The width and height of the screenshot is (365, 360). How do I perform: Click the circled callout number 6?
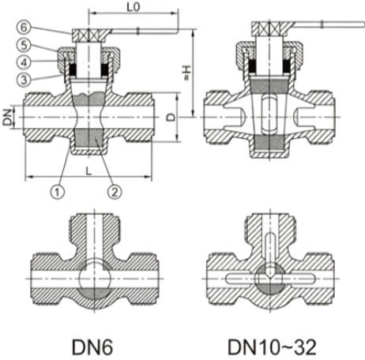24,28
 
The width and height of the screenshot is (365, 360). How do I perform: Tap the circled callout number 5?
24,45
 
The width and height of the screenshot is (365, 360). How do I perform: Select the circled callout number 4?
24,62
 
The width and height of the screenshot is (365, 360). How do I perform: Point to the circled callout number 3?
24,79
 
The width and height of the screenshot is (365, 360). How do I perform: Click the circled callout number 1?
57,191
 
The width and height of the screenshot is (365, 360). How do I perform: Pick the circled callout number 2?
115,191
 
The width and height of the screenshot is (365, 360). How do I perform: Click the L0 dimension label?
134,7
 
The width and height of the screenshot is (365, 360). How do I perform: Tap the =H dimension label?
186,73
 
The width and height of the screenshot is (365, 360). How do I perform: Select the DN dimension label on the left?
8,117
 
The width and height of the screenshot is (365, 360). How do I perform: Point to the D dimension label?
171,117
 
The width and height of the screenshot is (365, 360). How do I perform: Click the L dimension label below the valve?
88,171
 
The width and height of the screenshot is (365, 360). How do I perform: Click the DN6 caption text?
92,347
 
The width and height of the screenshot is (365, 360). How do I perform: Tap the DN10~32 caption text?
272,347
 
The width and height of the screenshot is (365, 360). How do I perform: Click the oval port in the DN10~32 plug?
269,114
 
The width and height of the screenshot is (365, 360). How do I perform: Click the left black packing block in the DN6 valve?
73,69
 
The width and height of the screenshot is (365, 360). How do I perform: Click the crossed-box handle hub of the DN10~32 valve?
269,28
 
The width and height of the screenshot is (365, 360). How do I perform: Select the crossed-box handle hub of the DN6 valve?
89,35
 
